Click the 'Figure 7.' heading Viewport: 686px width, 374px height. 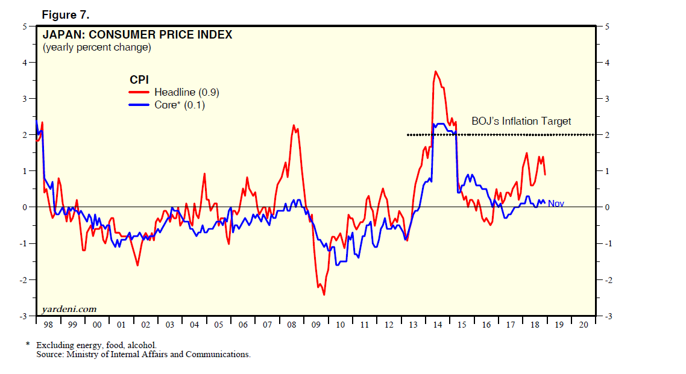click(66, 14)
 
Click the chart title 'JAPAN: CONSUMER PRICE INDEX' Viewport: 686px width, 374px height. click(137, 35)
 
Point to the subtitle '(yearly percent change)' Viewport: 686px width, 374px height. click(96, 47)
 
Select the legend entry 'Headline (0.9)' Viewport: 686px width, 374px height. click(186, 92)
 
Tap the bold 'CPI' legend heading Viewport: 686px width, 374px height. click(139, 79)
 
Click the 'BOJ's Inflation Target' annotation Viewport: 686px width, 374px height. click(521, 122)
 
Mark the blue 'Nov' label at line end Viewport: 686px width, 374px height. click(556, 204)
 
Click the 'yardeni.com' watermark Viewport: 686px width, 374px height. click(69, 309)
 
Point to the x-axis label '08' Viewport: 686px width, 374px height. click(292, 325)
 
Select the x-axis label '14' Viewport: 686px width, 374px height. click(438, 325)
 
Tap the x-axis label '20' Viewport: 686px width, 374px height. click(583, 325)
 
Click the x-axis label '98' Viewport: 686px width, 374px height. click(48, 325)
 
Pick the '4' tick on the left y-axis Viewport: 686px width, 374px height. click(25, 63)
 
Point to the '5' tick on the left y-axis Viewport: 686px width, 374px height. click(25, 26)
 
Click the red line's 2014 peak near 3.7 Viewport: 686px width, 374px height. click(435, 71)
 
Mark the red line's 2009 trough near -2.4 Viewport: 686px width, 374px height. click(324, 295)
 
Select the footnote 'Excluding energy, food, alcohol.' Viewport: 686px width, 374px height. click(96, 345)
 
